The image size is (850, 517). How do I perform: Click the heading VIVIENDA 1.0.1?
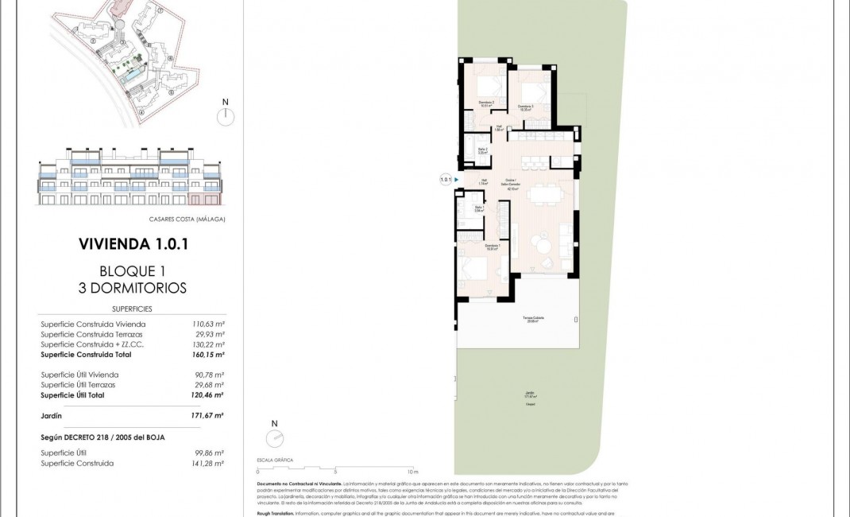(x=133, y=243)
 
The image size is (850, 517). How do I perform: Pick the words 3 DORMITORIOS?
(x=133, y=288)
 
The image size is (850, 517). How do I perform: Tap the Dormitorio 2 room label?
(x=487, y=103)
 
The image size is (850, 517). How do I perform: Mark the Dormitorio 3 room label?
(x=526, y=107)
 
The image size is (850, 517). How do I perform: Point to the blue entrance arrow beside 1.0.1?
(x=457, y=180)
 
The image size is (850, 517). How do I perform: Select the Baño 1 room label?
(x=479, y=210)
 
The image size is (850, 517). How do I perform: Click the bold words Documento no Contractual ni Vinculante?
(x=299, y=484)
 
